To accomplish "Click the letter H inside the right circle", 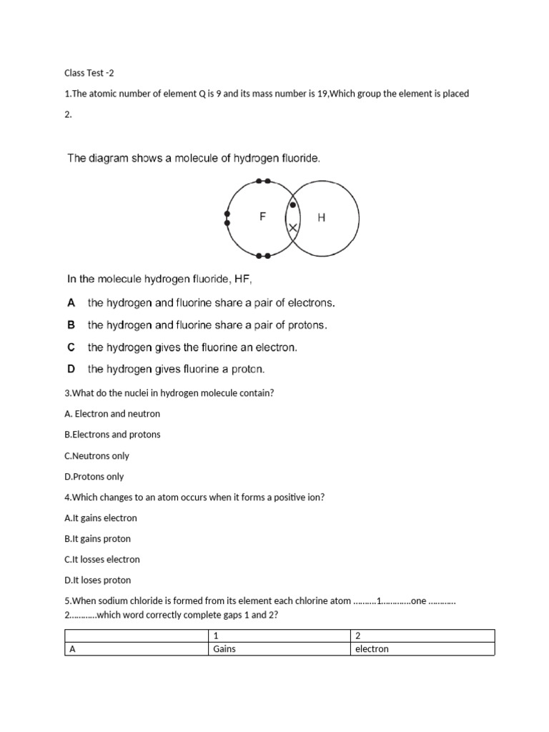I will click(x=321, y=218).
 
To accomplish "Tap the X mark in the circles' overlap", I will click(x=292, y=228).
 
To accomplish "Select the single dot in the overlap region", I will click(x=292, y=206).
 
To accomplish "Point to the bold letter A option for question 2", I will click(x=71, y=303).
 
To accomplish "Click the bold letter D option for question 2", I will click(x=71, y=370).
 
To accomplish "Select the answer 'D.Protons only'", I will click(x=94, y=477).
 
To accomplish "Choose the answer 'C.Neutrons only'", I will click(x=97, y=456).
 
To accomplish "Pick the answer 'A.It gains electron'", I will click(x=100, y=518).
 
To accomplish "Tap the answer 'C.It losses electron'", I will click(x=102, y=560).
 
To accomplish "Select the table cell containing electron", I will click(x=372, y=649).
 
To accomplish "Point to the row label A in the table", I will click(x=72, y=649).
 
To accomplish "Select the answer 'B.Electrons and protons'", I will click(x=112, y=435).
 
